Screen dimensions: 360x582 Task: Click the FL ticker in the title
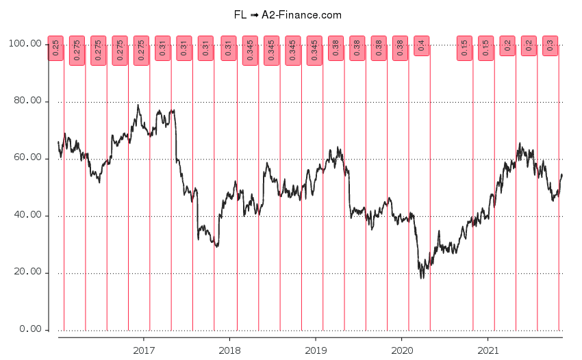pyautogui.click(x=240, y=14)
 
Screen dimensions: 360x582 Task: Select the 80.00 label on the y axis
pyautogui.click(x=28, y=101)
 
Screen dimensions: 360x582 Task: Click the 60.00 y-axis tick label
pyautogui.click(x=28, y=159)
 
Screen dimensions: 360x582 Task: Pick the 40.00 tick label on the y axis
pyautogui.click(x=28, y=216)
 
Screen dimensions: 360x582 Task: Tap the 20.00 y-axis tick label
pyautogui.click(x=28, y=272)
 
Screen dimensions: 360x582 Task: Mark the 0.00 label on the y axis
pyautogui.click(x=31, y=329)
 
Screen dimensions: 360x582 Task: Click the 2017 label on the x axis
pyautogui.click(x=144, y=350)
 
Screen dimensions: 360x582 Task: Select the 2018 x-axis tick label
pyautogui.click(x=229, y=350)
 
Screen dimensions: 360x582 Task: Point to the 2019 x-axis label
pyautogui.click(x=315, y=350)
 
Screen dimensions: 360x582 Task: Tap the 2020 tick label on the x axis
pyautogui.click(x=401, y=350)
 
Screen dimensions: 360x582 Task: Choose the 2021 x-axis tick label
pyautogui.click(x=487, y=350)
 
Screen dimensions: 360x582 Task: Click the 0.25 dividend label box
pyautogui.click(x=55, y=48)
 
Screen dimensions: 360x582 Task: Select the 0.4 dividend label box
pyautogui.click(x=421, y=46)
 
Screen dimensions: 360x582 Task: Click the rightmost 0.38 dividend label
pyautogui.click(x=400, y=48)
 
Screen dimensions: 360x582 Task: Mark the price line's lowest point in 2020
pyautogui.click(x=422, y=277)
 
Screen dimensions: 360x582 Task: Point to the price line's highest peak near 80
pyautogui.click(x=138, y=105)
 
